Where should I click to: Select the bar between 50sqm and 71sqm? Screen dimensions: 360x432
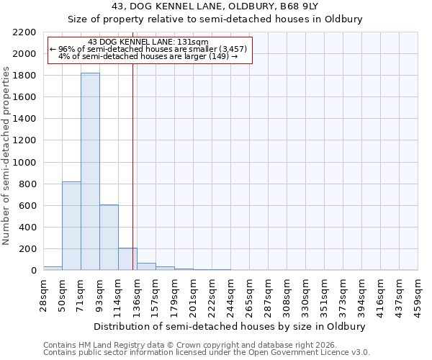pyautogui.click(x=71, y=226)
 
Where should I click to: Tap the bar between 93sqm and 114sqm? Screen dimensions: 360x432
pyautogui.click(x=109, y=238)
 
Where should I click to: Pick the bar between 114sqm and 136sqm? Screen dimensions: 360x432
pyautogui.click(x=127, y=259)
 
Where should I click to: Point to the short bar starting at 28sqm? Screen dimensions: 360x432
pyautogui.click(x=53, y=268)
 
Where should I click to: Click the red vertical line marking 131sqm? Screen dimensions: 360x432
pyautogui.click(x=133, y=166)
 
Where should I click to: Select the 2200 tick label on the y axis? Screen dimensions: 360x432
pyautogui.click(x=24, y=32)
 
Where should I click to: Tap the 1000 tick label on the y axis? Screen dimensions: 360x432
pyautogui.click(x=24, y=163)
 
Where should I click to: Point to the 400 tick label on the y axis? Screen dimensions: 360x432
pyautogui.click(x=27, y=228)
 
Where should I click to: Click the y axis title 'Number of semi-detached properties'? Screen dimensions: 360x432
pyautogui.click(x=7, y=156)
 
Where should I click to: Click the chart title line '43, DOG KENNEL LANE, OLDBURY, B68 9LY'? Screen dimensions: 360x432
pyautogui.click(x=216, y=6)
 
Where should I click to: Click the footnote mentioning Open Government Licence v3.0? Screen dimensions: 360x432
pyautogui.click(x=207, y=353)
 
